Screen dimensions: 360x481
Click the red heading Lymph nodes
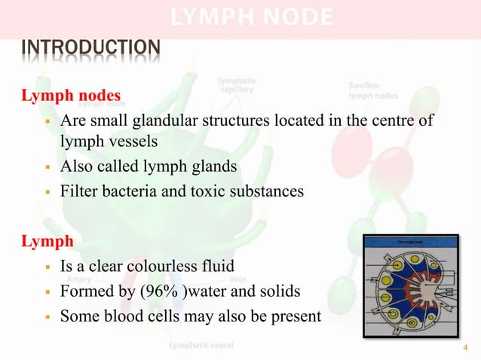point(69,97)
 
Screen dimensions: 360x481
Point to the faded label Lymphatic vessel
point(201,346)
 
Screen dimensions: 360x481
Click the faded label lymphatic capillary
point(237,85)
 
